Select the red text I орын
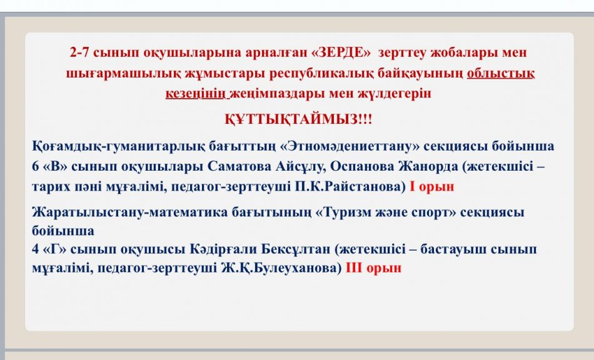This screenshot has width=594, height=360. [432, 186]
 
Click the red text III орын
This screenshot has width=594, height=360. [373, 268]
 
